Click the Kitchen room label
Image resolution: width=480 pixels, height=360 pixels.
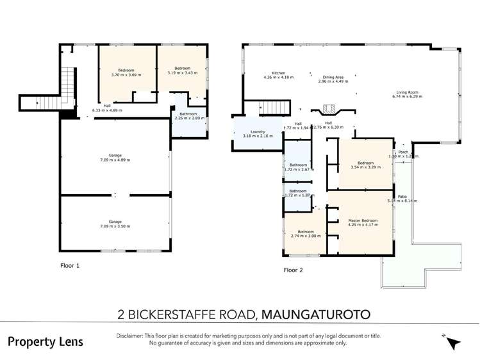(x=278, y=74)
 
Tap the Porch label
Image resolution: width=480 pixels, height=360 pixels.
(x=403, y=152)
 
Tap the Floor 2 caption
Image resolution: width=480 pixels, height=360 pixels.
(x=293, y=270)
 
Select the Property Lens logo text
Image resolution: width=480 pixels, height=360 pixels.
(x=45, y=341)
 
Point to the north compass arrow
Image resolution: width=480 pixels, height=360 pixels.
(x=454, y=343)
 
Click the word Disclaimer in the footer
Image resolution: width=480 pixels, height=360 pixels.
(x=131, y=336)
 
